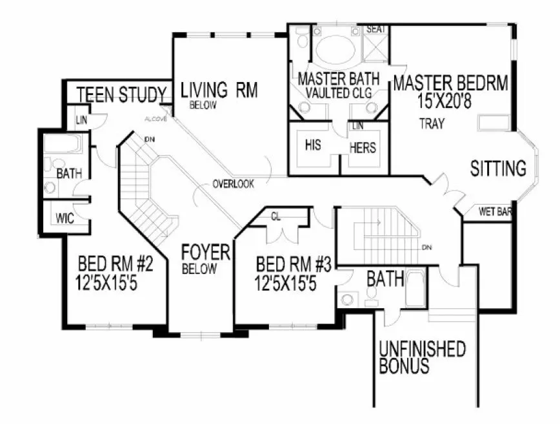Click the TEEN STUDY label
[121, 95]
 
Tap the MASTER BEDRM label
[450, 83]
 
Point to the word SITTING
[497, 169]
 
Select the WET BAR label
[495, 211]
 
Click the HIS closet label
[313, 145]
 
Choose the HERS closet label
[363, 148]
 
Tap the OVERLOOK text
[233, 184]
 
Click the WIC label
[65, 218]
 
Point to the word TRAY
[431, 124]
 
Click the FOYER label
[206, 252]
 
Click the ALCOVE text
[155, 120]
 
